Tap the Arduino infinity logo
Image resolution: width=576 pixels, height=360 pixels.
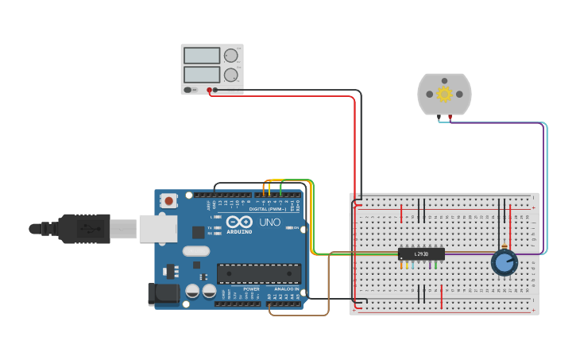pyautogui.click(x=238, y=223)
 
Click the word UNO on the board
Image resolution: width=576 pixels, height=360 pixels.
pyautogui.click(x=269, y=223)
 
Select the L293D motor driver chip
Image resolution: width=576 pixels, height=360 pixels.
pyautogui.click(x=421, y=254)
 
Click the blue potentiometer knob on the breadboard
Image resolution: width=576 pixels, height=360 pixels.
pyautogui.click(x=504, y=261)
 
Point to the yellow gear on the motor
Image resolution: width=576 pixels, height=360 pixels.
pyautogui.click(x=444, y=94)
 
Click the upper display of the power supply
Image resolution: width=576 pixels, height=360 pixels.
pyautogui.click(x=202, y=56)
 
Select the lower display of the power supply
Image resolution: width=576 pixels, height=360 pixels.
pyautogui.click(x=202, y=75)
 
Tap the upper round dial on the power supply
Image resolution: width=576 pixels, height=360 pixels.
pyautogui.click(x=231, y=56)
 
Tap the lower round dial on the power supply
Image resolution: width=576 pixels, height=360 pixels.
pyautogui.click(x=231, y=75)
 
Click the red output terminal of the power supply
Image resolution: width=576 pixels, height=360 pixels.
pyautogui.click(x=209, y=90)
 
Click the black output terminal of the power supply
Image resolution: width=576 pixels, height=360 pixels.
pyautogui.click(x=215, y=90)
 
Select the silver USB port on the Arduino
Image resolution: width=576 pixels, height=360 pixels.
pyautogui.click(x=157, y=229)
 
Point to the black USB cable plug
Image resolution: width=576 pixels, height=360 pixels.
pyautogui.click(x=83, y=229)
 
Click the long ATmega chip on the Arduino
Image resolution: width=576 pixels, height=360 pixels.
pyautogui.click(x=259, y=273)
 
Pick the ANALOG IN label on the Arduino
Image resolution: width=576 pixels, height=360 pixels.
pyautogui.click(x=286, y=289)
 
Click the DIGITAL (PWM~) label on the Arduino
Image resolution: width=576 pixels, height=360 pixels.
pyautogui.click(x=267, y=209)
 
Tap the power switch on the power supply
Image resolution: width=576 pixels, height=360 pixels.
pyautogui.click(x=188, y=90)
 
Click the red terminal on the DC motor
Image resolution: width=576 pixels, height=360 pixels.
pyautogui.click(x=450, y=118)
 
